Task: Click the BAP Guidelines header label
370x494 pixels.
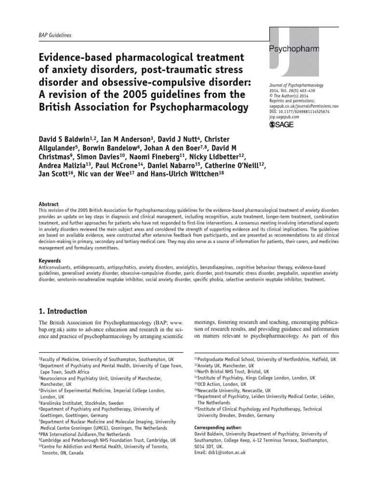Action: click(x=54, y=35)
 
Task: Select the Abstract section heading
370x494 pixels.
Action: click(x=49, y=204)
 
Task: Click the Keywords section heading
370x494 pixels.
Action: click(x=50, y=260)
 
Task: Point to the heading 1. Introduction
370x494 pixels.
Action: click(x=63, y=311)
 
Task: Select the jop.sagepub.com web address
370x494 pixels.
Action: click(x=284, y=117)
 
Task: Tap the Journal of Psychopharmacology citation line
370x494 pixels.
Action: click(x=296, y=85)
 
